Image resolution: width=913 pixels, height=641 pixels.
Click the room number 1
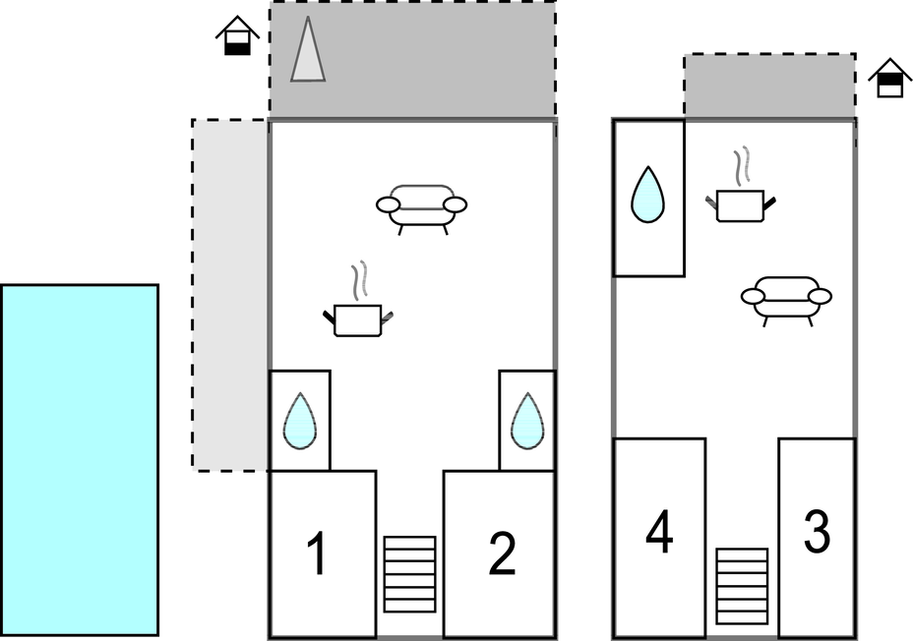point(316,554)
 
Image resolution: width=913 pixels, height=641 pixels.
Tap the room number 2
point(502,554)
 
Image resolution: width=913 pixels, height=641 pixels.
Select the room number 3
point(817,531)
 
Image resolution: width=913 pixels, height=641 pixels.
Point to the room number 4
point(659,532)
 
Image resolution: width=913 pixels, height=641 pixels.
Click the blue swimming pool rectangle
point(79,460)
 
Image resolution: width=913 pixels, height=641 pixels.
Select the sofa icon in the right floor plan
point(786,298)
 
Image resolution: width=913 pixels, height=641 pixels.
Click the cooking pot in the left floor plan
point(357,319)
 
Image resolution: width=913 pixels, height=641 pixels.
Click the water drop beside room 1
point(300,422)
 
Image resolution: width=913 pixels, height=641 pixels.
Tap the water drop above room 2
point(527,421)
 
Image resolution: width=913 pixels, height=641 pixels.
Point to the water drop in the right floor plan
point(647,194)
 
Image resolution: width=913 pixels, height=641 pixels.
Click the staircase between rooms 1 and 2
point(409,574)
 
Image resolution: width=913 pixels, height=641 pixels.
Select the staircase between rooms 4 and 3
point(741,586)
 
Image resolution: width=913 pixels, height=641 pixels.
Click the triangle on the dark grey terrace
point(308,54)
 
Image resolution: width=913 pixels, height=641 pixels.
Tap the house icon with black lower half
point(237,37)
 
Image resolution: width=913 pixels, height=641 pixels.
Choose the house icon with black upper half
point(889,78)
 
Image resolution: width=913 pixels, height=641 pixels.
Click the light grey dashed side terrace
point(230,295)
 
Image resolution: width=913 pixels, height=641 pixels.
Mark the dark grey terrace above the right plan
point(769,87)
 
